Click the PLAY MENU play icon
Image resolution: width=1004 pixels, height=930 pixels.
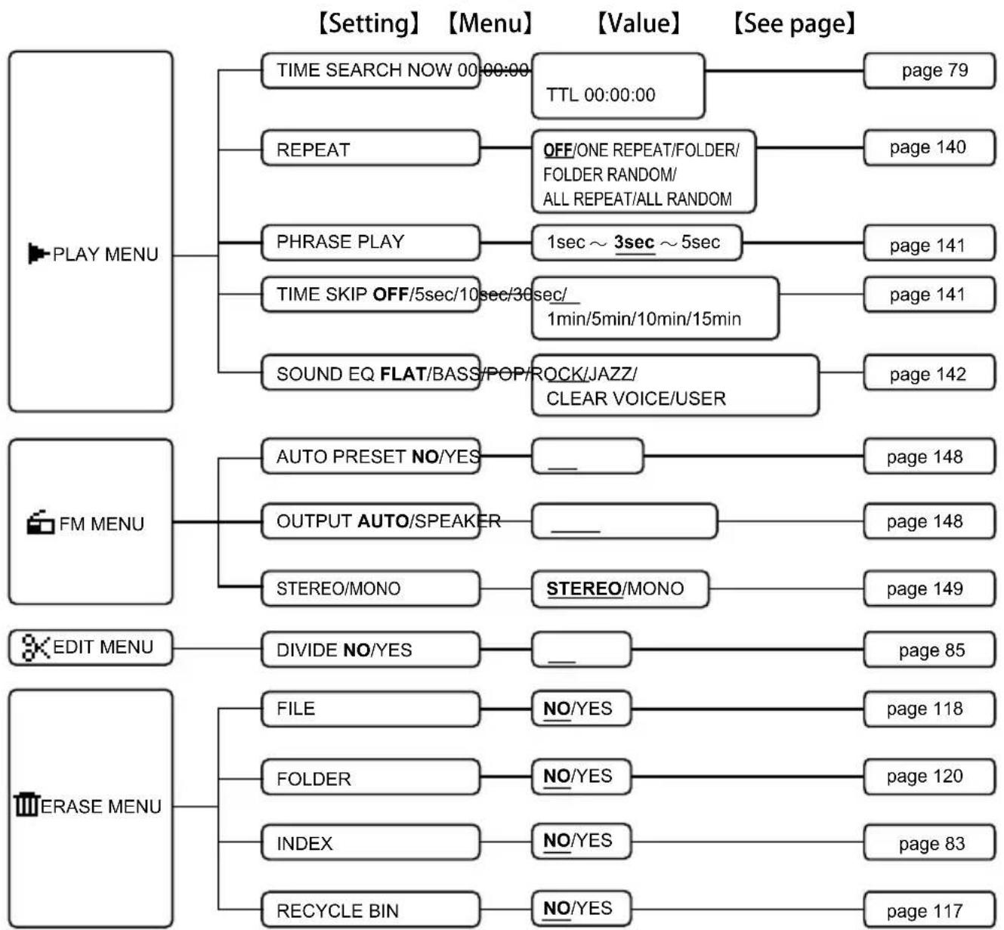point(39,253)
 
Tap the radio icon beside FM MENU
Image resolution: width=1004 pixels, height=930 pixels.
point(41,522)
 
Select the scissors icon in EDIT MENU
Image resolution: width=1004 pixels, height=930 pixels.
point(36,647)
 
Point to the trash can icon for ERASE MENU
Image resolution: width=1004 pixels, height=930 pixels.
point(26,805)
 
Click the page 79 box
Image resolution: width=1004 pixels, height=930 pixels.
point(929,70)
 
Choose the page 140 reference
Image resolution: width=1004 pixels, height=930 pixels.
point(929,147)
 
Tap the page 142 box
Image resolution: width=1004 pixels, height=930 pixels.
point(929,374)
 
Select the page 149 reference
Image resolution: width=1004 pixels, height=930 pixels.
point(929,588)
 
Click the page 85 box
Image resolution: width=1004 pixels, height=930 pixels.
point(929,649)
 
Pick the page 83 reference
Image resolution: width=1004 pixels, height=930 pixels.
point(929,842)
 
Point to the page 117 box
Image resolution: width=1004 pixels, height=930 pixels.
point(929,910)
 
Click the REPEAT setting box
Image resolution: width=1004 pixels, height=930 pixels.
point(371,148)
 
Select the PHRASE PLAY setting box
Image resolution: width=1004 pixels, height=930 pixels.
point(371,243)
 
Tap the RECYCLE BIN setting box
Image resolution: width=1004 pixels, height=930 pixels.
point(371,910)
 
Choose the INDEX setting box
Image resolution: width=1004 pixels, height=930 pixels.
point(371,842)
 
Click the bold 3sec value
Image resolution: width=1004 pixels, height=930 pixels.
point(635,243)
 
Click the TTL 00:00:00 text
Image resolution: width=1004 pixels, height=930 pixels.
point(601,94)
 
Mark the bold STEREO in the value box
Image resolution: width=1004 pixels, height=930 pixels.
point(584,589)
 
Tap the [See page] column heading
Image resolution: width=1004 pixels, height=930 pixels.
point(794,23)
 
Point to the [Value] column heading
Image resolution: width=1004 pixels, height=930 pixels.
point(639,23)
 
